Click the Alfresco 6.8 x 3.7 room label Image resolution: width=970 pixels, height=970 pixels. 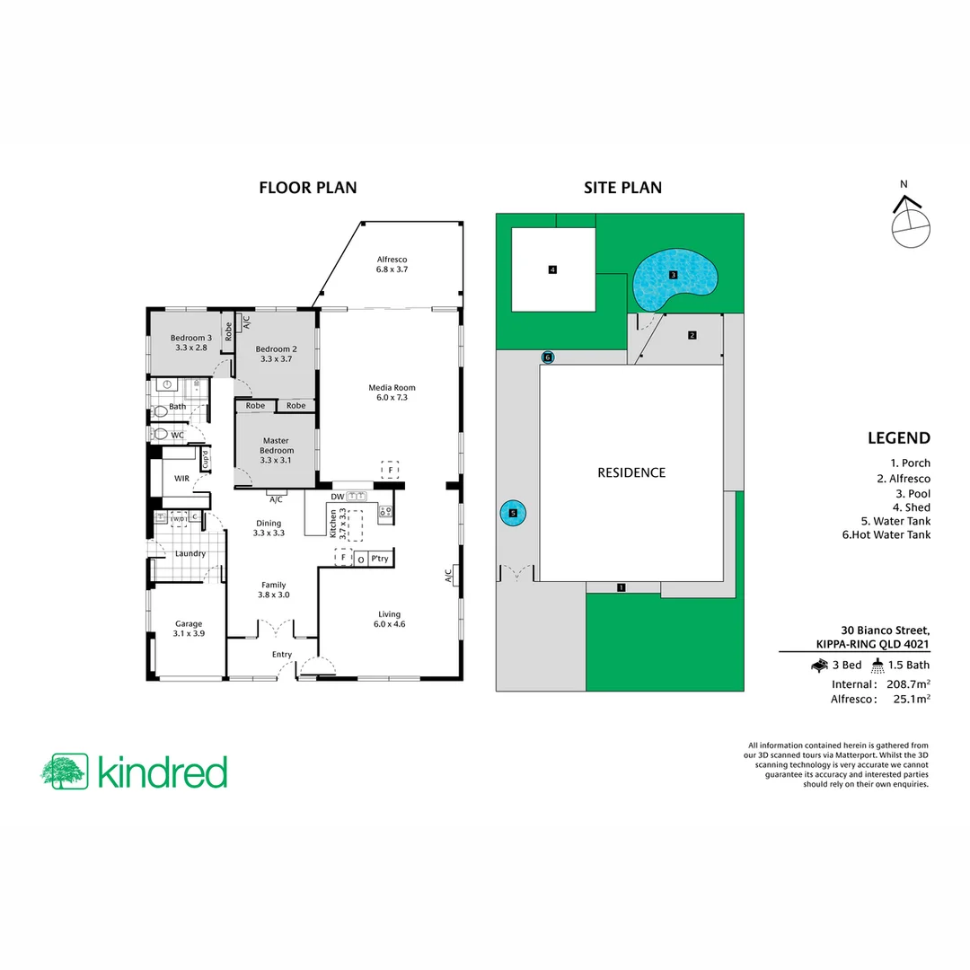point(392,263)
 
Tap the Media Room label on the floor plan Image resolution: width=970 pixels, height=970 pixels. point(392,392)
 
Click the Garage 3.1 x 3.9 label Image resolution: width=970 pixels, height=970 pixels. point(189,628)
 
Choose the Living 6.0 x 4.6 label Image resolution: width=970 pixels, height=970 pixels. point(389,619)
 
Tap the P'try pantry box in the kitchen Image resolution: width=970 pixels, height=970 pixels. point(379,558)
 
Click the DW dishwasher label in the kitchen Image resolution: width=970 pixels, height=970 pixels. point(338,496)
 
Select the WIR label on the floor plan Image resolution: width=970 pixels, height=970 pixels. point(182,479)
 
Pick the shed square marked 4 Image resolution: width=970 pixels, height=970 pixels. point(553,269)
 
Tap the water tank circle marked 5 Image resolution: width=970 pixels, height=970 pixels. point(513,514)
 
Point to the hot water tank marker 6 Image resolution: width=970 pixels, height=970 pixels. point(548,357)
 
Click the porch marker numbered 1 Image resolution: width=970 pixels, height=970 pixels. point(621,587)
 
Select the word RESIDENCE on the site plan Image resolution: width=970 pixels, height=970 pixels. point(631,472)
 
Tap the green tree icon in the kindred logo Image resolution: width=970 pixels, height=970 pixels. point(64,772)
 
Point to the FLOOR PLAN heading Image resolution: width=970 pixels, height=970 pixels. point(307,188)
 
